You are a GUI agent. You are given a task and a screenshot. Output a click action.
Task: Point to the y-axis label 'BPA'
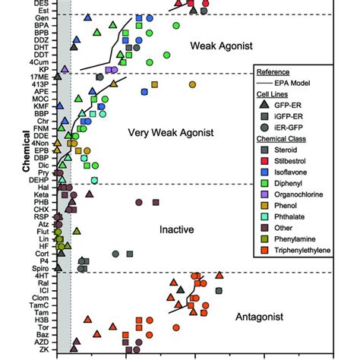pyautogui.click(x=43, y=27)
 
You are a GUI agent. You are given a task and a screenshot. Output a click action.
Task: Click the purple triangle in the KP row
pyautogui.click(x=65, y=69)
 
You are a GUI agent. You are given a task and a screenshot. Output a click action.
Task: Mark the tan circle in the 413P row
pyautogui.click(x=192, y=84)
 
